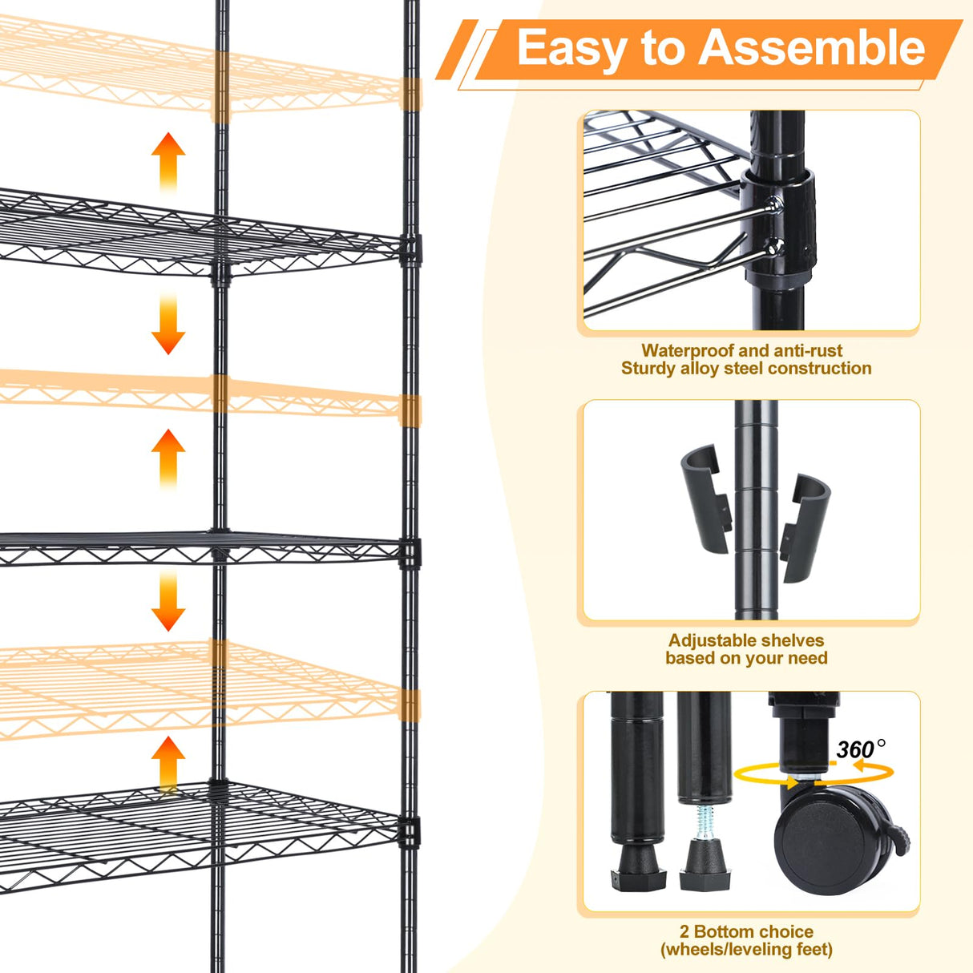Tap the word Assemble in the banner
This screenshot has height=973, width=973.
(x=813, y=48)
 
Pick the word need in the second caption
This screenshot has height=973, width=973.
(x=808, y=658)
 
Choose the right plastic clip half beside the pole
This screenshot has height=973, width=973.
(x=805, y=525)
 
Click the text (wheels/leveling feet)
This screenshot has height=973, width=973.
(x=746, y=950)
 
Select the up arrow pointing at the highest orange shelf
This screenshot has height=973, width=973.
(x=168, y=160)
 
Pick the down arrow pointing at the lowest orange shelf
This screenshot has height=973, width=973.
(x=168, y=601)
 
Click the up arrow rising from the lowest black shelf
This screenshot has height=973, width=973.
(x=168, y=761)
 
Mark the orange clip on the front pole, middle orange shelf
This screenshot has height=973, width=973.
(x=410, y=410)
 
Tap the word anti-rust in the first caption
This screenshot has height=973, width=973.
(x=808, y=350)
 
